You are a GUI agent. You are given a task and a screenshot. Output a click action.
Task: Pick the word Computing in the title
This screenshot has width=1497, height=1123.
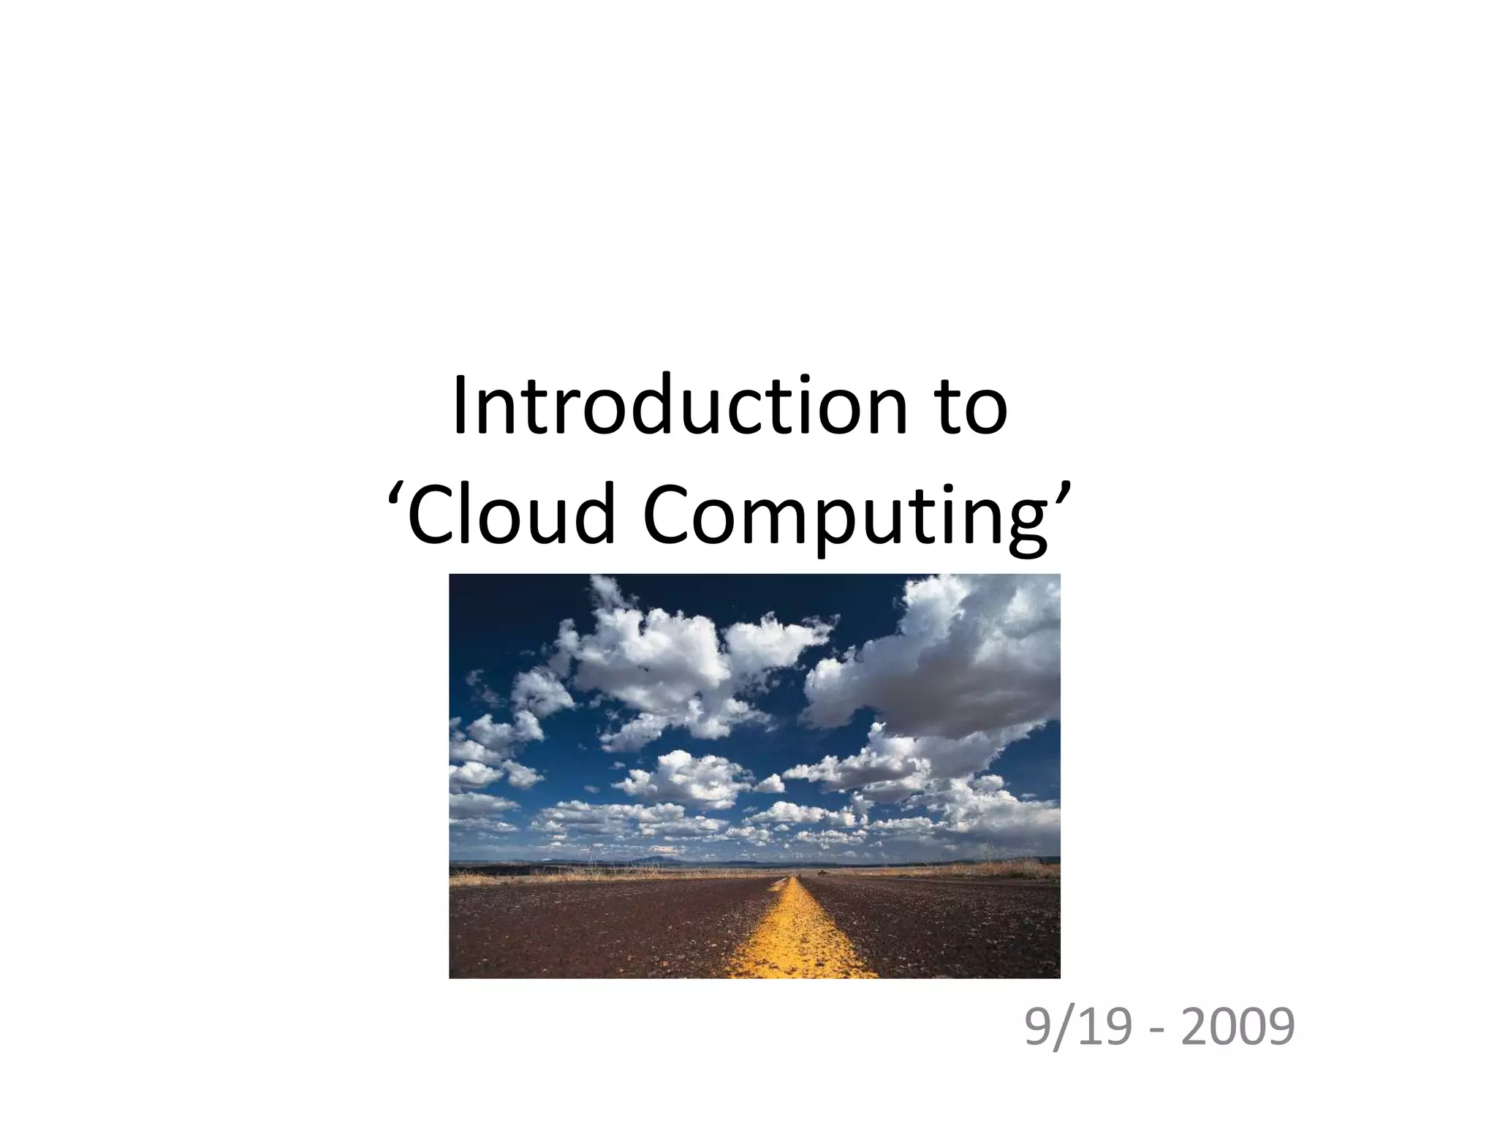pos(846,515)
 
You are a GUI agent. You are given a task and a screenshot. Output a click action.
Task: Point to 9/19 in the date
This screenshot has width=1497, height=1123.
pos(1076,1027)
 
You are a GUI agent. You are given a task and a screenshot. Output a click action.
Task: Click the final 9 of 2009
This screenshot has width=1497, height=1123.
pos(1278,1027)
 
